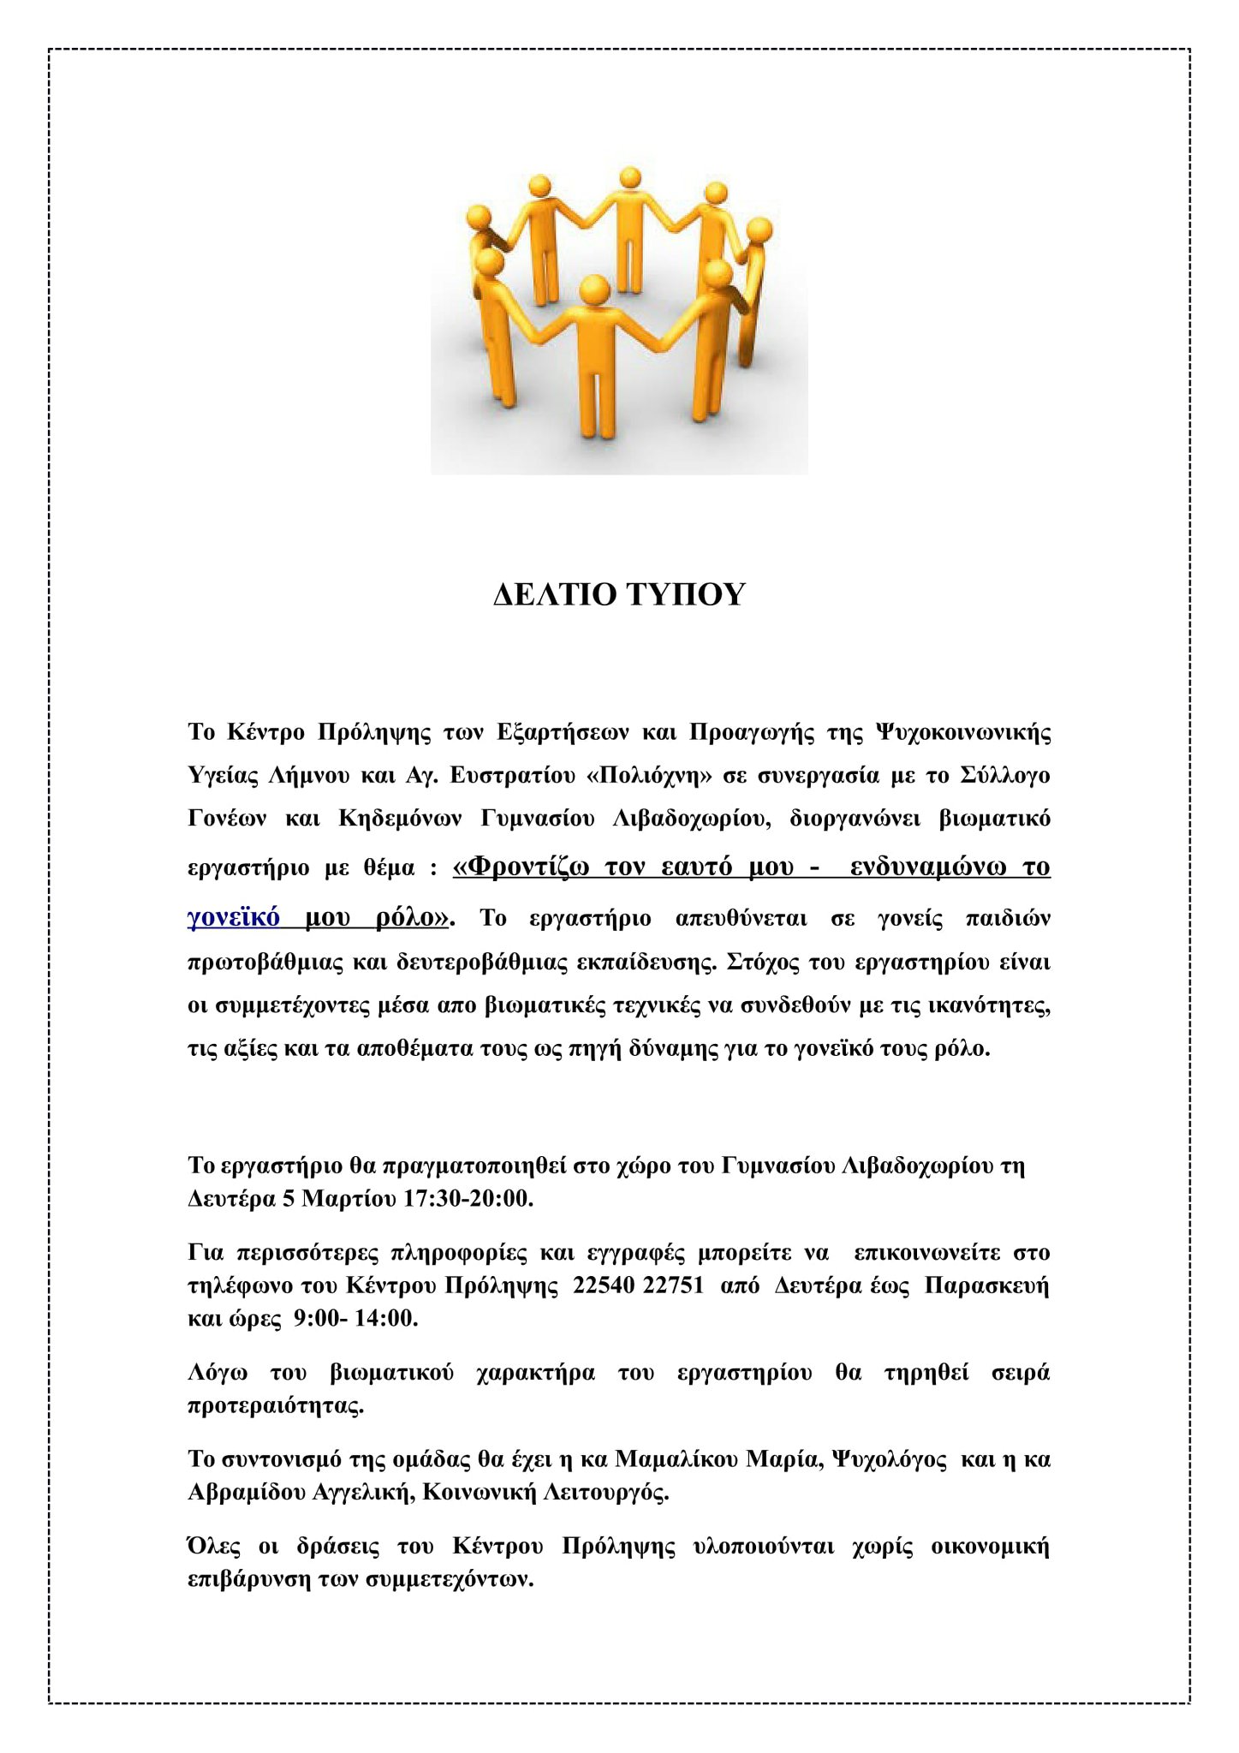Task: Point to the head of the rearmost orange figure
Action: click(630, 178)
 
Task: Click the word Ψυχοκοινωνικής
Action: click(962, 733)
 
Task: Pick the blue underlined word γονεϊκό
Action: click(234, 918)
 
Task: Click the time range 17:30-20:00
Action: click(468, 1199)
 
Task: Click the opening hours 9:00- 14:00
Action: click(355, 1319)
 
